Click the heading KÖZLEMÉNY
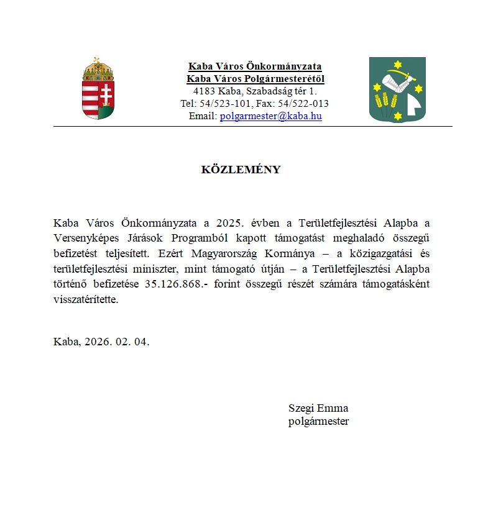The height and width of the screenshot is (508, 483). click(x=241, y=170)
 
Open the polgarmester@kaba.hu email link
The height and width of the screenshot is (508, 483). click(x=270, y=116)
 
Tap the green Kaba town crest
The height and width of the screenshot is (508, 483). click(x=397, y=89)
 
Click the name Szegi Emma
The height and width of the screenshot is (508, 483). click(x=318, y=408)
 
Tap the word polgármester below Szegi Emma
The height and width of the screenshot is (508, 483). click(x=318, y=422)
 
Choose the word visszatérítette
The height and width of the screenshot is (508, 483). click(x=85, y=300)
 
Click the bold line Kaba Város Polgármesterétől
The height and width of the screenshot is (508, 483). click(x=255, y=79)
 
